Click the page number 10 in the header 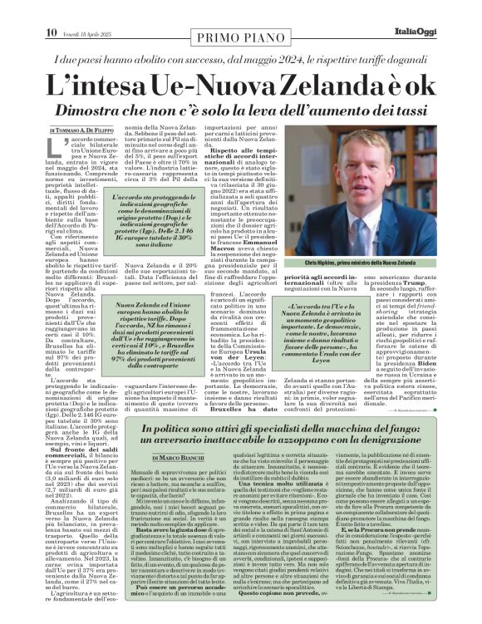[51, 10]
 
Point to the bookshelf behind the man [420, 166]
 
